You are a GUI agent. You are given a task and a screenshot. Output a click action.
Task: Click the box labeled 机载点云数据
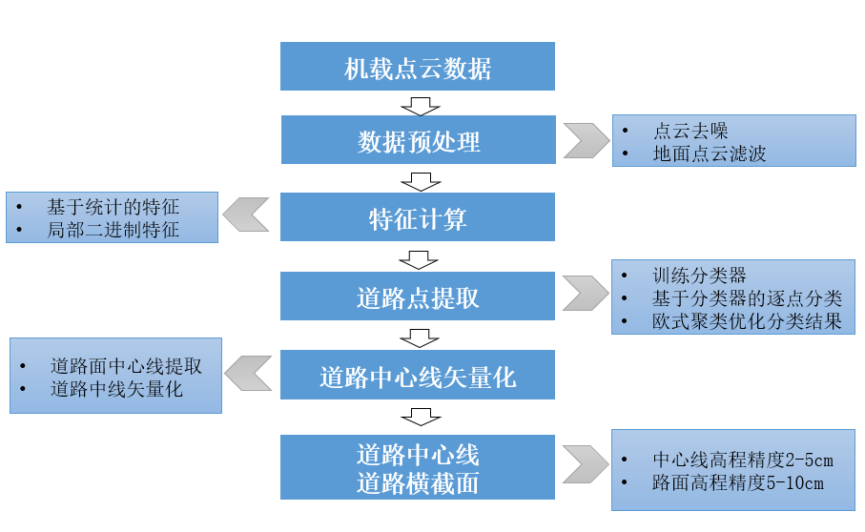[x=418, y=67]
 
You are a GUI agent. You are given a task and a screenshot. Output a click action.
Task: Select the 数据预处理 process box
[x=418, y=140]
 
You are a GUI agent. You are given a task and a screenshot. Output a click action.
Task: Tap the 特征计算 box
[x=418, y=218]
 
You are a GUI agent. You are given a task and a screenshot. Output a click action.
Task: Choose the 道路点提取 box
[x=418, y=297]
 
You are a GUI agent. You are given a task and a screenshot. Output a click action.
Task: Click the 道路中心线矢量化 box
[x=418, y=375]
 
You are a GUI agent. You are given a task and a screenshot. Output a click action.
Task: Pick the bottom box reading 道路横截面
[x=418, y=467]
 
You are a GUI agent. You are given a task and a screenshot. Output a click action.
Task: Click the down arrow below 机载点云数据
[x=418, y=103]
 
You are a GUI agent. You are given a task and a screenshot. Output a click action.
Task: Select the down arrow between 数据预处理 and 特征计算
[x=418, y=180]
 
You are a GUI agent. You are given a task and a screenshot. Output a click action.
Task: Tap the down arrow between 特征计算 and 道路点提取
[x=418, y=258]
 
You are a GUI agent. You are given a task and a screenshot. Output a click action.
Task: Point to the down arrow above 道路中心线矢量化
[x=418, y=337]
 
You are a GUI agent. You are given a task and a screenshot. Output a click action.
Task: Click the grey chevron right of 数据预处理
[x=586, y=140]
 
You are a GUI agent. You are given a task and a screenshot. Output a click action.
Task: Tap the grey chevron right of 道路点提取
[x=586, y=293]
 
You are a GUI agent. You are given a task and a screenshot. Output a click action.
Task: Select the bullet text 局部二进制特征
[x=113, y=229]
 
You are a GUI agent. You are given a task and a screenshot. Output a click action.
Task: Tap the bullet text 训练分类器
[x=699, y=276]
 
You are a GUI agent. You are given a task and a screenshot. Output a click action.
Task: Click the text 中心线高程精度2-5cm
[x=743, y=460]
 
